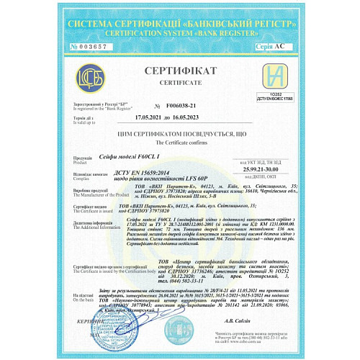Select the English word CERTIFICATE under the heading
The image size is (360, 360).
[x=180, y=84]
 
